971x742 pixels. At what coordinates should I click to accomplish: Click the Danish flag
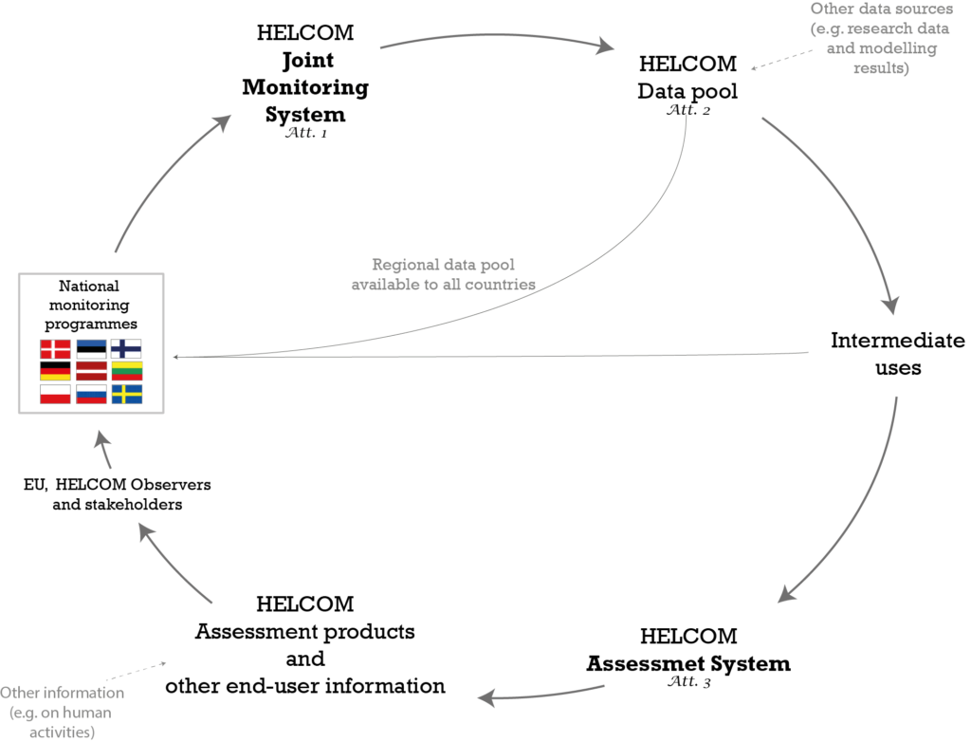[55, 349]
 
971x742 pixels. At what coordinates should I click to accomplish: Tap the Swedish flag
[127, 394]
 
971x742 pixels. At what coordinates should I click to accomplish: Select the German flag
[55, 371]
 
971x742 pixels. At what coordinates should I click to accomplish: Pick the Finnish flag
[126, 349]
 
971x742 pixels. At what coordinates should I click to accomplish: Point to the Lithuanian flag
[127, 371]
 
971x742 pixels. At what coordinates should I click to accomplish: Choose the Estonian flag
[91, 349]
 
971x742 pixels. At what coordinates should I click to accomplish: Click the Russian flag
[91, 394]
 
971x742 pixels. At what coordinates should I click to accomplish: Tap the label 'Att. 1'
[306, 133]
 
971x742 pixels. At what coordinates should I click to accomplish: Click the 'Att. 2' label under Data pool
[688, 110]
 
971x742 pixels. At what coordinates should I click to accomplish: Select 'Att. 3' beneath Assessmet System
[688, 681]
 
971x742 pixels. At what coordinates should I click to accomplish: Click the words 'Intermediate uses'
[897, 354]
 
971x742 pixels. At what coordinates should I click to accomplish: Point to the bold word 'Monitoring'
[305, 87]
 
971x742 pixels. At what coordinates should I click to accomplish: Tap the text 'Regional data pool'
[444, 265]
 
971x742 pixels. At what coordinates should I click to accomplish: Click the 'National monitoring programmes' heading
[90, 305]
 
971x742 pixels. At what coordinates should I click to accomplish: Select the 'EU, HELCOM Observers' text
[117, 484]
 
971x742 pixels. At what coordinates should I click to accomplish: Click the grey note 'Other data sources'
[882, 9]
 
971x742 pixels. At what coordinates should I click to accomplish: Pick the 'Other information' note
[62, 693]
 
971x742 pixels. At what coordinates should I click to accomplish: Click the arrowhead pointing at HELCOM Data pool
[604, 46]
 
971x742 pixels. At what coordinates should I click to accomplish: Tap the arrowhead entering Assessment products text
[488, 698]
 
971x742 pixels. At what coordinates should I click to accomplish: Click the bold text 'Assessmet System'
[688, 663]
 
